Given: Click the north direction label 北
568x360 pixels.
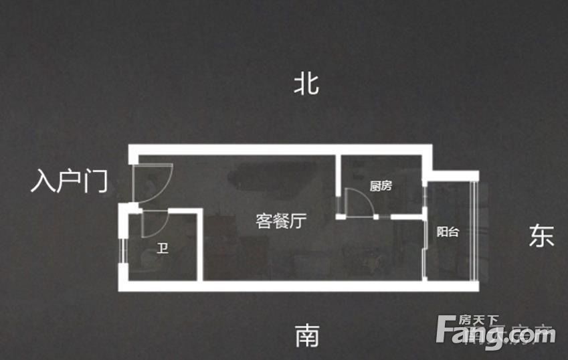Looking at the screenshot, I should [306, 84].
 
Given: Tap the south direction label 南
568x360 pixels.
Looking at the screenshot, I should [307, 335].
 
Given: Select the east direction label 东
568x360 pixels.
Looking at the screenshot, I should [541, 236].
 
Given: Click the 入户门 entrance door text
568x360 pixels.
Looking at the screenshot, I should [69, 181].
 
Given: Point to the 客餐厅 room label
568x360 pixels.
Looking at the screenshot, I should [281, 221].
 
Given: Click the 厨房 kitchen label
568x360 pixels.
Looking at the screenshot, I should [380, 187].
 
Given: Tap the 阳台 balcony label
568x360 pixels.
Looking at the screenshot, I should [448, 232].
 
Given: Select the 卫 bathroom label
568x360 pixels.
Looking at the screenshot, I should [163, 250].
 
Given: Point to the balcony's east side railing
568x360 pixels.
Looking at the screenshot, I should [475, 231].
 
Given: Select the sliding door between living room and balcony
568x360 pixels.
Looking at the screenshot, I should [426, 248].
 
